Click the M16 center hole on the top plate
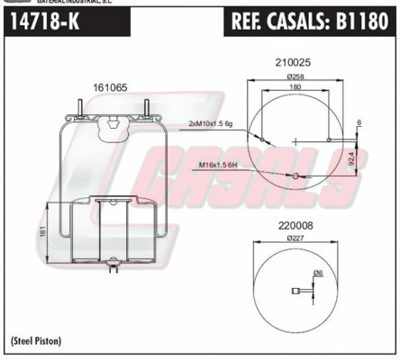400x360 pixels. coord(294,175)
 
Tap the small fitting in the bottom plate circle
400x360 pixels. coord(295,290)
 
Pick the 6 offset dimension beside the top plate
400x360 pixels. coord(359,122)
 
